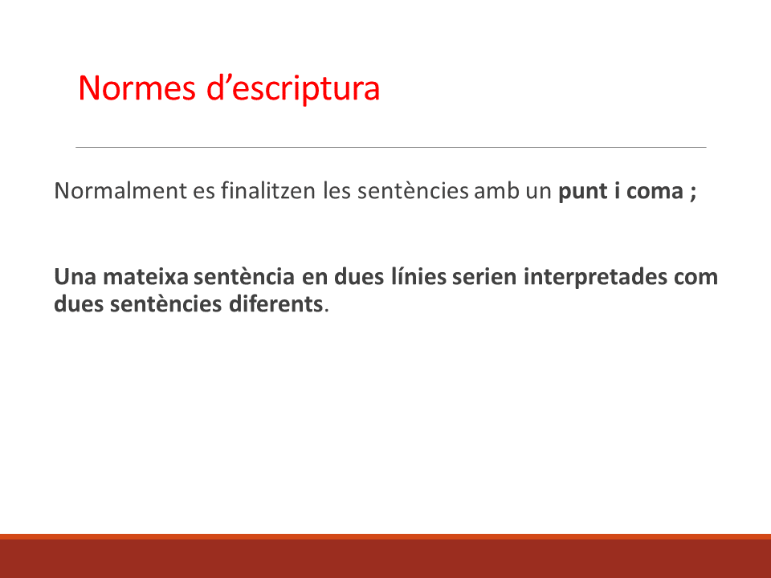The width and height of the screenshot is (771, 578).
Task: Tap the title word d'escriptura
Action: click(293, 88)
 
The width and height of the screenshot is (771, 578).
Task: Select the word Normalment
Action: click(120, 191)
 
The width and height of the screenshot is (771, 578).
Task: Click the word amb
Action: click(496, 191)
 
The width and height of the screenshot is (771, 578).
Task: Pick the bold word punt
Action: click(583, 192)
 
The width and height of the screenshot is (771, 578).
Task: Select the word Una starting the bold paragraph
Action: click(75, 277)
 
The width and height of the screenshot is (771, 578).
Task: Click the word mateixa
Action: click(145, 277)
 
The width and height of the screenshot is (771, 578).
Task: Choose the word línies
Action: click(418, 277)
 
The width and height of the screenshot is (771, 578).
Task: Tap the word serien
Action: click(484, 277)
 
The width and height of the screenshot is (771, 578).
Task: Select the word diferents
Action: click(275, 304)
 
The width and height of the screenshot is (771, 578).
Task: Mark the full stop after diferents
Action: click(327, 311)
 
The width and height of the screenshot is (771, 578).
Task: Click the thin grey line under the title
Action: click(391, 147)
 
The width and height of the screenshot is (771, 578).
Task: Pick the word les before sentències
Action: click(337, 191)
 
